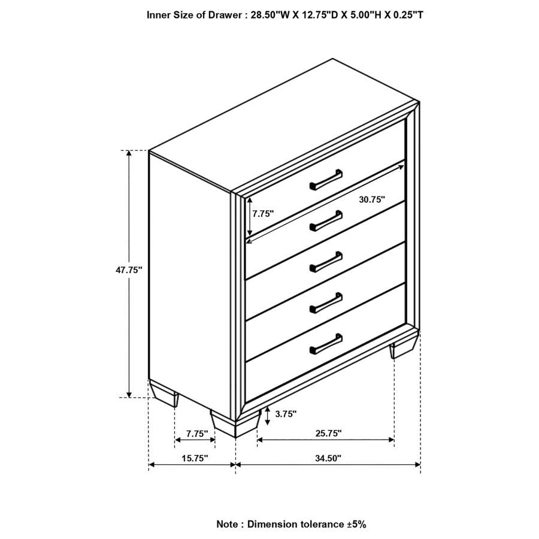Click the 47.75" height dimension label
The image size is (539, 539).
pyautogui.click(x=129, y=270)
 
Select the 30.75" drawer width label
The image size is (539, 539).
pyautogui.click(x=372, y=200)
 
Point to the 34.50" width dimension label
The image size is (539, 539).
pyautogui.click(x=328, y=458)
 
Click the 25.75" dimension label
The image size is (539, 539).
pyautogui.click(x=328, y=432)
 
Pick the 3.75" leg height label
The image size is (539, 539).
pyautogui.click(x=286, y=414)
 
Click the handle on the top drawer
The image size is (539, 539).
pyautogui.click(x=326, y=180)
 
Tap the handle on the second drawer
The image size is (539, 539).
pyautogui.click(x=326, y=220)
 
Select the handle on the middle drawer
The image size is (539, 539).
pyautogui.click(x=326, y=261)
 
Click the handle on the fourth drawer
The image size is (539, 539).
pyautogui.click(x=326, y=302)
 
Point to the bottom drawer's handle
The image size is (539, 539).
pyautogui.click(x=326, y=343)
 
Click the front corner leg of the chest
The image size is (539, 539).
pyautogui.click(x=234, y=424)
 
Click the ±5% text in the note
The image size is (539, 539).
pyautogui.click(x=356, y=524)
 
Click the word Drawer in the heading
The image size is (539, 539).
pyautogui.click(x=223, y=14)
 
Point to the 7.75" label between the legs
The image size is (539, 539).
pyautogui.click(x=196, y=433)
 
